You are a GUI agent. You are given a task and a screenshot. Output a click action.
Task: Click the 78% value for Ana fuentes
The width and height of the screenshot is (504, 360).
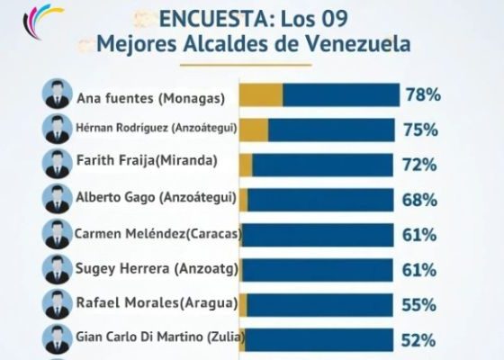(421, 94)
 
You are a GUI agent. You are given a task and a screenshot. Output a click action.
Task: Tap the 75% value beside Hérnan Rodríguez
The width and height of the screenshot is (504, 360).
(421, 130)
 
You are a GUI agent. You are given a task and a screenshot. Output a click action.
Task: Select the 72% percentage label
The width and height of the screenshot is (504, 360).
(421, 165)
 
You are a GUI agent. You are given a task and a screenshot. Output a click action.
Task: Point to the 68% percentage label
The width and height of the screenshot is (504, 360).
(421, 200)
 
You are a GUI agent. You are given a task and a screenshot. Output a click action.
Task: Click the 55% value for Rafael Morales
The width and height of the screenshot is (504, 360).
(421, 305)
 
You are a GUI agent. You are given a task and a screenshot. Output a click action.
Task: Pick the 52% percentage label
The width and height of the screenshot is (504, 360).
(421, 340)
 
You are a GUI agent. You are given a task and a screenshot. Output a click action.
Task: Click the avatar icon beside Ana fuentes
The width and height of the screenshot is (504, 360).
(57, 94)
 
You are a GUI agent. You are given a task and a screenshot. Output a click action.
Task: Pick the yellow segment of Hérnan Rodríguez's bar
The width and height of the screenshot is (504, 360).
(254, 130)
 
